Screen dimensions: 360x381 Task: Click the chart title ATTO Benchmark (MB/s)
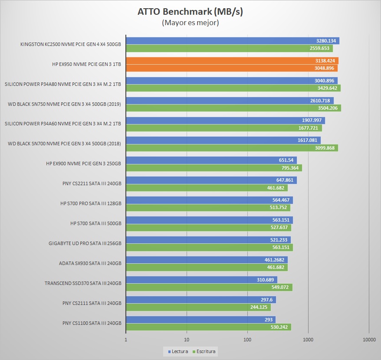pyautogui.click(x=190, y=12)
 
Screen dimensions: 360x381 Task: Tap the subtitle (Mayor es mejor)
pyautogui.click(x=190, y=23)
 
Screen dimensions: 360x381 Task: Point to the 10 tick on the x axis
pyautogui.click(x=187, y=340)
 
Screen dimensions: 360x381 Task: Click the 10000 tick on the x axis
pyautogui.click(x=369, y=340)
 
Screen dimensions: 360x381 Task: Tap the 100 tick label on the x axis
pyautogui.click(x=247, y=340)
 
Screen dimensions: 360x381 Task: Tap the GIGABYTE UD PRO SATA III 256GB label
pyautogui.click(x=85, y=243)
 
